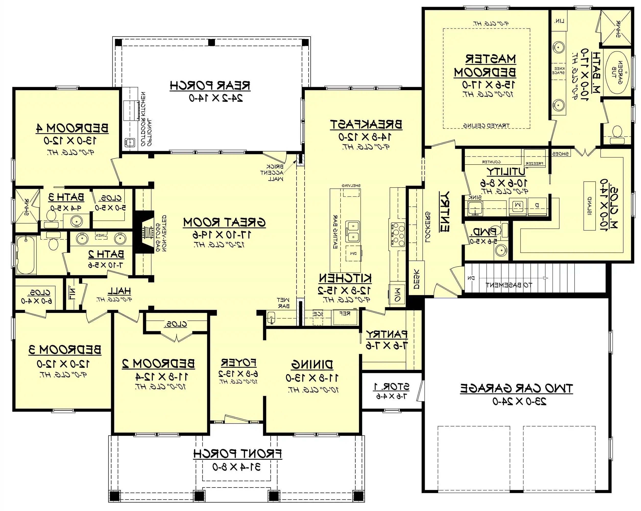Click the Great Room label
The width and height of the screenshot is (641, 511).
[x=224, y=222]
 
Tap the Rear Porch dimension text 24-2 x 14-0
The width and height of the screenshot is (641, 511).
[x=216, y=98]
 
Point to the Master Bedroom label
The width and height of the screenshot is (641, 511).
[x=485, y=65]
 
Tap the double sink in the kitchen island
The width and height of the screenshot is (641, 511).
[x=353, y=231]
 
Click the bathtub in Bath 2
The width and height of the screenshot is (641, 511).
[x=26, y=255]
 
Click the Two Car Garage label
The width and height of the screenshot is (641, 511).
[x=516, y=388]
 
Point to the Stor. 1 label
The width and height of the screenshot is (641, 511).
[x=391, y=387]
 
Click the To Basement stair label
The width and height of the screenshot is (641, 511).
[x=509, y=285]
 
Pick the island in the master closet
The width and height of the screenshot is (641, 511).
[x=589, y=206]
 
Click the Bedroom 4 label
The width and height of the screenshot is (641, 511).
[x=72, y=128]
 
